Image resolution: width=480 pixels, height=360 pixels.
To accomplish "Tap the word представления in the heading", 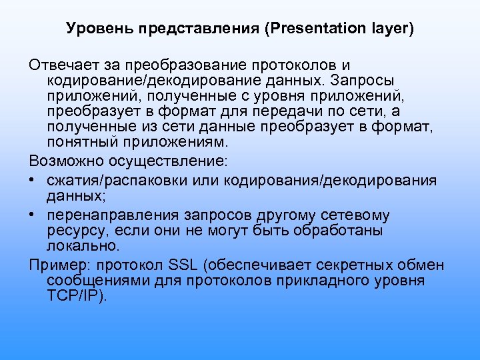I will click(x=175, y=30).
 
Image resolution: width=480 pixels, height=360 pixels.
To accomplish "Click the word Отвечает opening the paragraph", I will click(x=61, y=65).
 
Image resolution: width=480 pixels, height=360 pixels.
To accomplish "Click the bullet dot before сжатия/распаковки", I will click(x=33, y=181).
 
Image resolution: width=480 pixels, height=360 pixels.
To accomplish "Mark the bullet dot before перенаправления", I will click(x=33, y=215).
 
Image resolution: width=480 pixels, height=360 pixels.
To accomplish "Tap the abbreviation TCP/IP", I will click(x=76, y=295).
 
